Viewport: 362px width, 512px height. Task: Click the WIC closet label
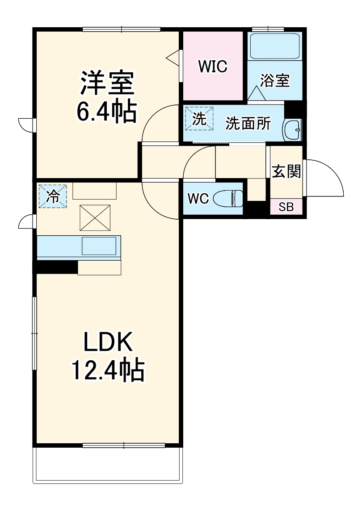click(x=213, y=66)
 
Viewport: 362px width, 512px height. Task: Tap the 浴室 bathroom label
click(x=275, y=80)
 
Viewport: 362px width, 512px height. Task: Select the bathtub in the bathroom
click(x=274, y=46)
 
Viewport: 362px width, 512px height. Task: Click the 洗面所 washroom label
click(x=248, y=124)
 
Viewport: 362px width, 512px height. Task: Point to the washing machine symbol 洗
click(x=199, y=119)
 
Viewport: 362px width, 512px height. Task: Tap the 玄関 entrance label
click(x=286, y=171)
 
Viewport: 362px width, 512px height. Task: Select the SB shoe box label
click(x=286, y=208)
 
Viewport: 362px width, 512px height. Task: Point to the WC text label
click(x=198, y=199)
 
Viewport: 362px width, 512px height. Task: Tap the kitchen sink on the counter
click(x=99, y=246)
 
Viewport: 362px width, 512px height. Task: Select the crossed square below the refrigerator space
click(x=94, y=218)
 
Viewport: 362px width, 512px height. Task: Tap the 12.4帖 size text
click(x=107, y=370)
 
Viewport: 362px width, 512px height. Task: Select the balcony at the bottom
click(x=108, y=464)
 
